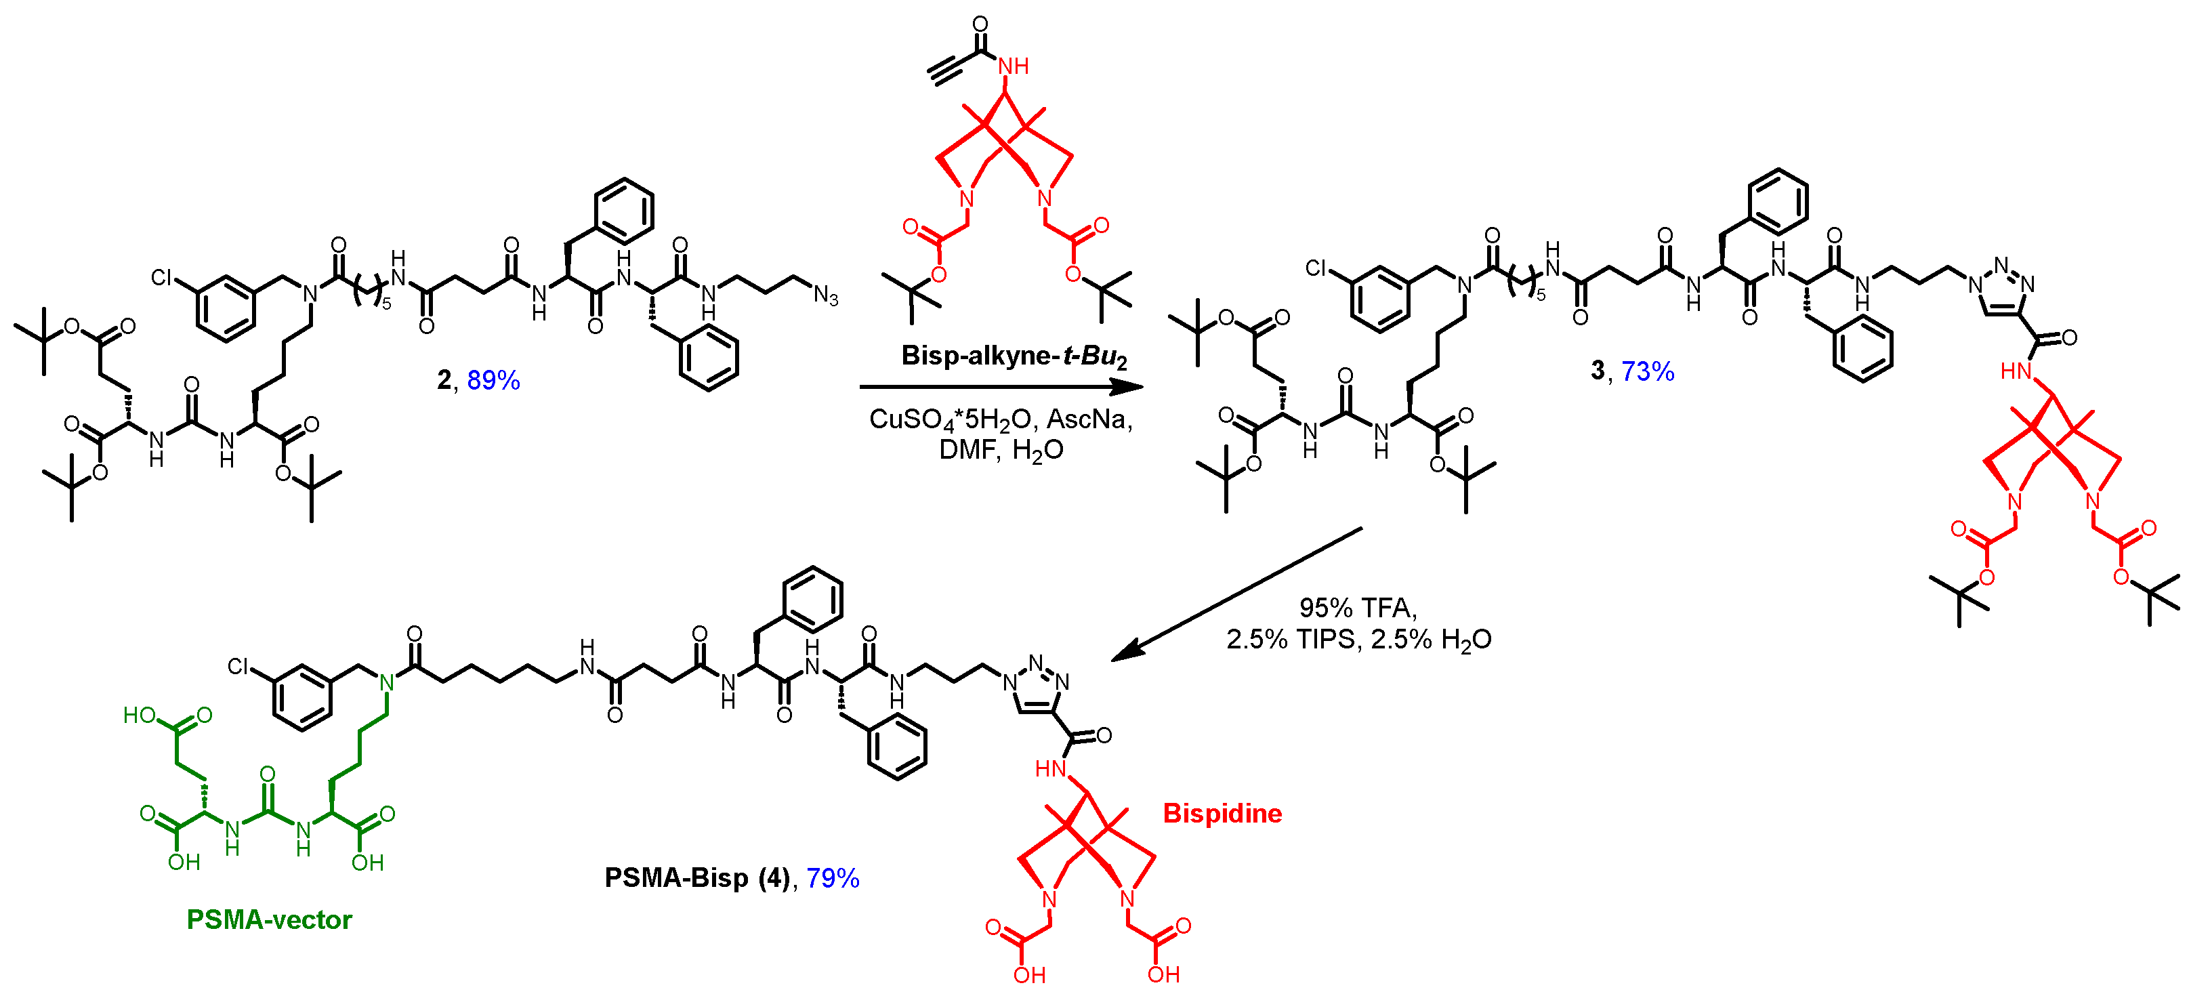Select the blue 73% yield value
pyautogui.click(x=1647, y=371)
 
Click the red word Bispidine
pyautogui.click(x=1222, y=813)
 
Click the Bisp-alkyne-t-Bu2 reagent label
pyautogui.click(x=1014, y=355)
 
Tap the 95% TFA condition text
pyautogui.click(x=1358, y=607)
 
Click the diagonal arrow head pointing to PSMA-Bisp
pyautogui.click(x=1126, y=652)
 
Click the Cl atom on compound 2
pyautogui.click(x=161, y=278)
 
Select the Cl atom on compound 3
pyautogui.click(x=1316, y=268)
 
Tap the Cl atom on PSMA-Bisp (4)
pyautogui.click(x=238, y=666)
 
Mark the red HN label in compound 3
pyautogui.click(x=2015, y=371)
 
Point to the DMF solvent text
pyautogui.click(x=967, y=450)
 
